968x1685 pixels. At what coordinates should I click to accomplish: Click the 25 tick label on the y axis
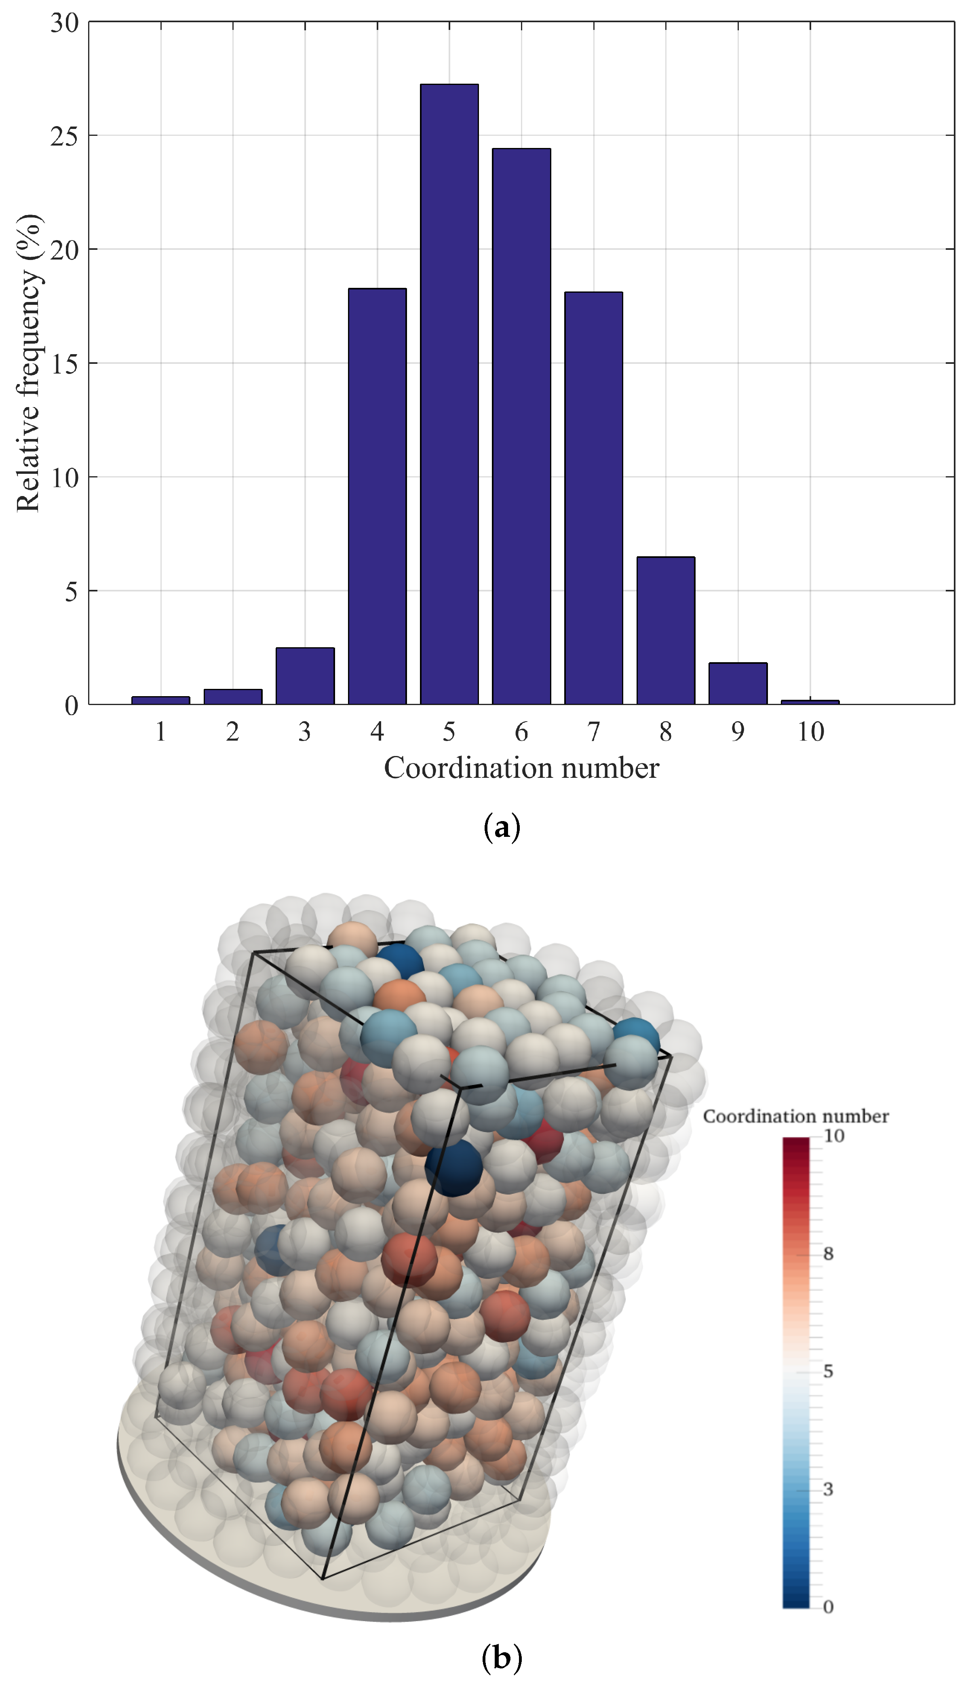[65, 136]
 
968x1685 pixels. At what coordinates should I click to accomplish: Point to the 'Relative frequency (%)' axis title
[29, 363]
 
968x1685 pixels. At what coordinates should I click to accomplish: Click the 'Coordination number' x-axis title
[521, 768]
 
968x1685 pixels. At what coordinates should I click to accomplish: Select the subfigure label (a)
[502, 828]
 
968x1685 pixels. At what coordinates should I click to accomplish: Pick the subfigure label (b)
[502, 1658]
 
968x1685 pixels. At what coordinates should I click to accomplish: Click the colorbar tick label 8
[829, 1254]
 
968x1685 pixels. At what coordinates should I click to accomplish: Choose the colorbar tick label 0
[829, 1607]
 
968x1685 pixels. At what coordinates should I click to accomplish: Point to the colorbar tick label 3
[829, 1489]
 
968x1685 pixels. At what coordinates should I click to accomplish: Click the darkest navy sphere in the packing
[453, 1168]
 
